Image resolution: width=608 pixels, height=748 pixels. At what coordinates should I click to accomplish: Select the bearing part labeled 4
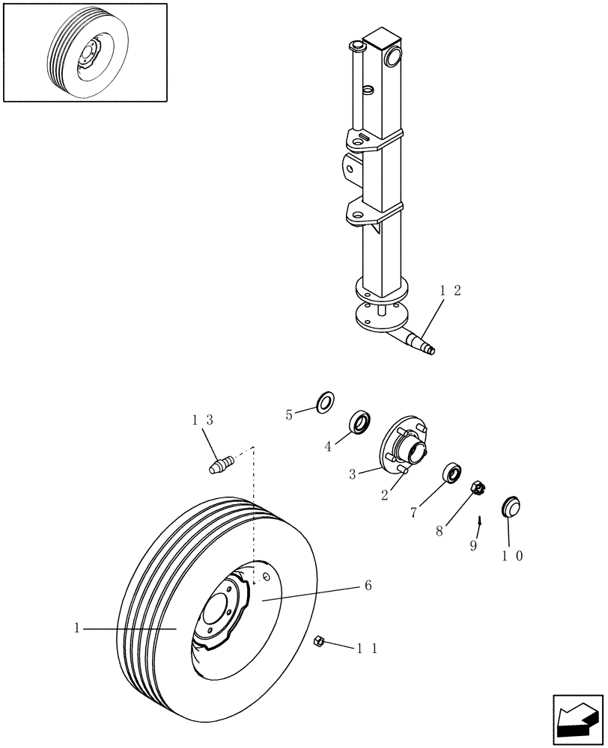(360, 423)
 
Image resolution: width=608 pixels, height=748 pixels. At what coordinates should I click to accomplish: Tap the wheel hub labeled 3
(404, 450)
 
